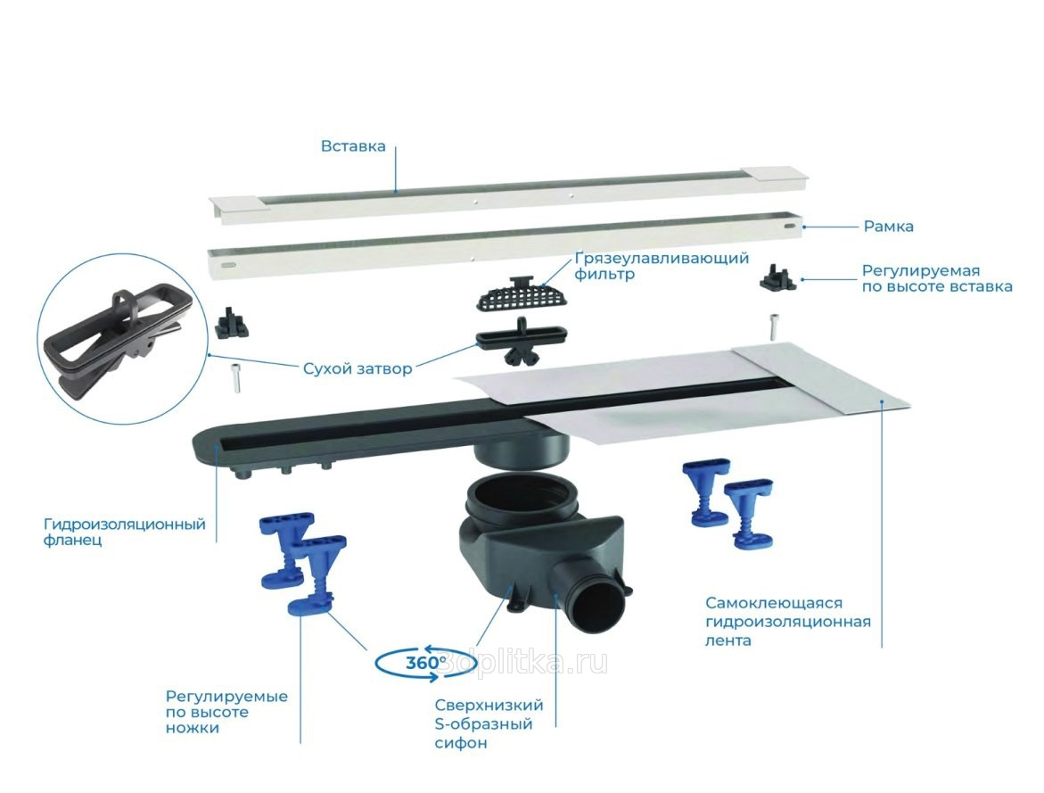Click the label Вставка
tap(353, 146)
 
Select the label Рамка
tap(888, 227)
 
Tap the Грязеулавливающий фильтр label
tap(662, 266)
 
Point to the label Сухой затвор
tap(358, 368)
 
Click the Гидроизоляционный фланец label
tap(125, 532)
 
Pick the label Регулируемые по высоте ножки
tap(226, 713)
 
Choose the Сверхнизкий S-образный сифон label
tap(489, 723)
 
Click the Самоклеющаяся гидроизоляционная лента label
tap(788, 622)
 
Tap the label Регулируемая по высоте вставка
tap(937, 278)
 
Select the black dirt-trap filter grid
tap(522, 294)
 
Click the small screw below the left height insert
tap(235, 378)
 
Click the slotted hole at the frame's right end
tap(789, 227)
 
